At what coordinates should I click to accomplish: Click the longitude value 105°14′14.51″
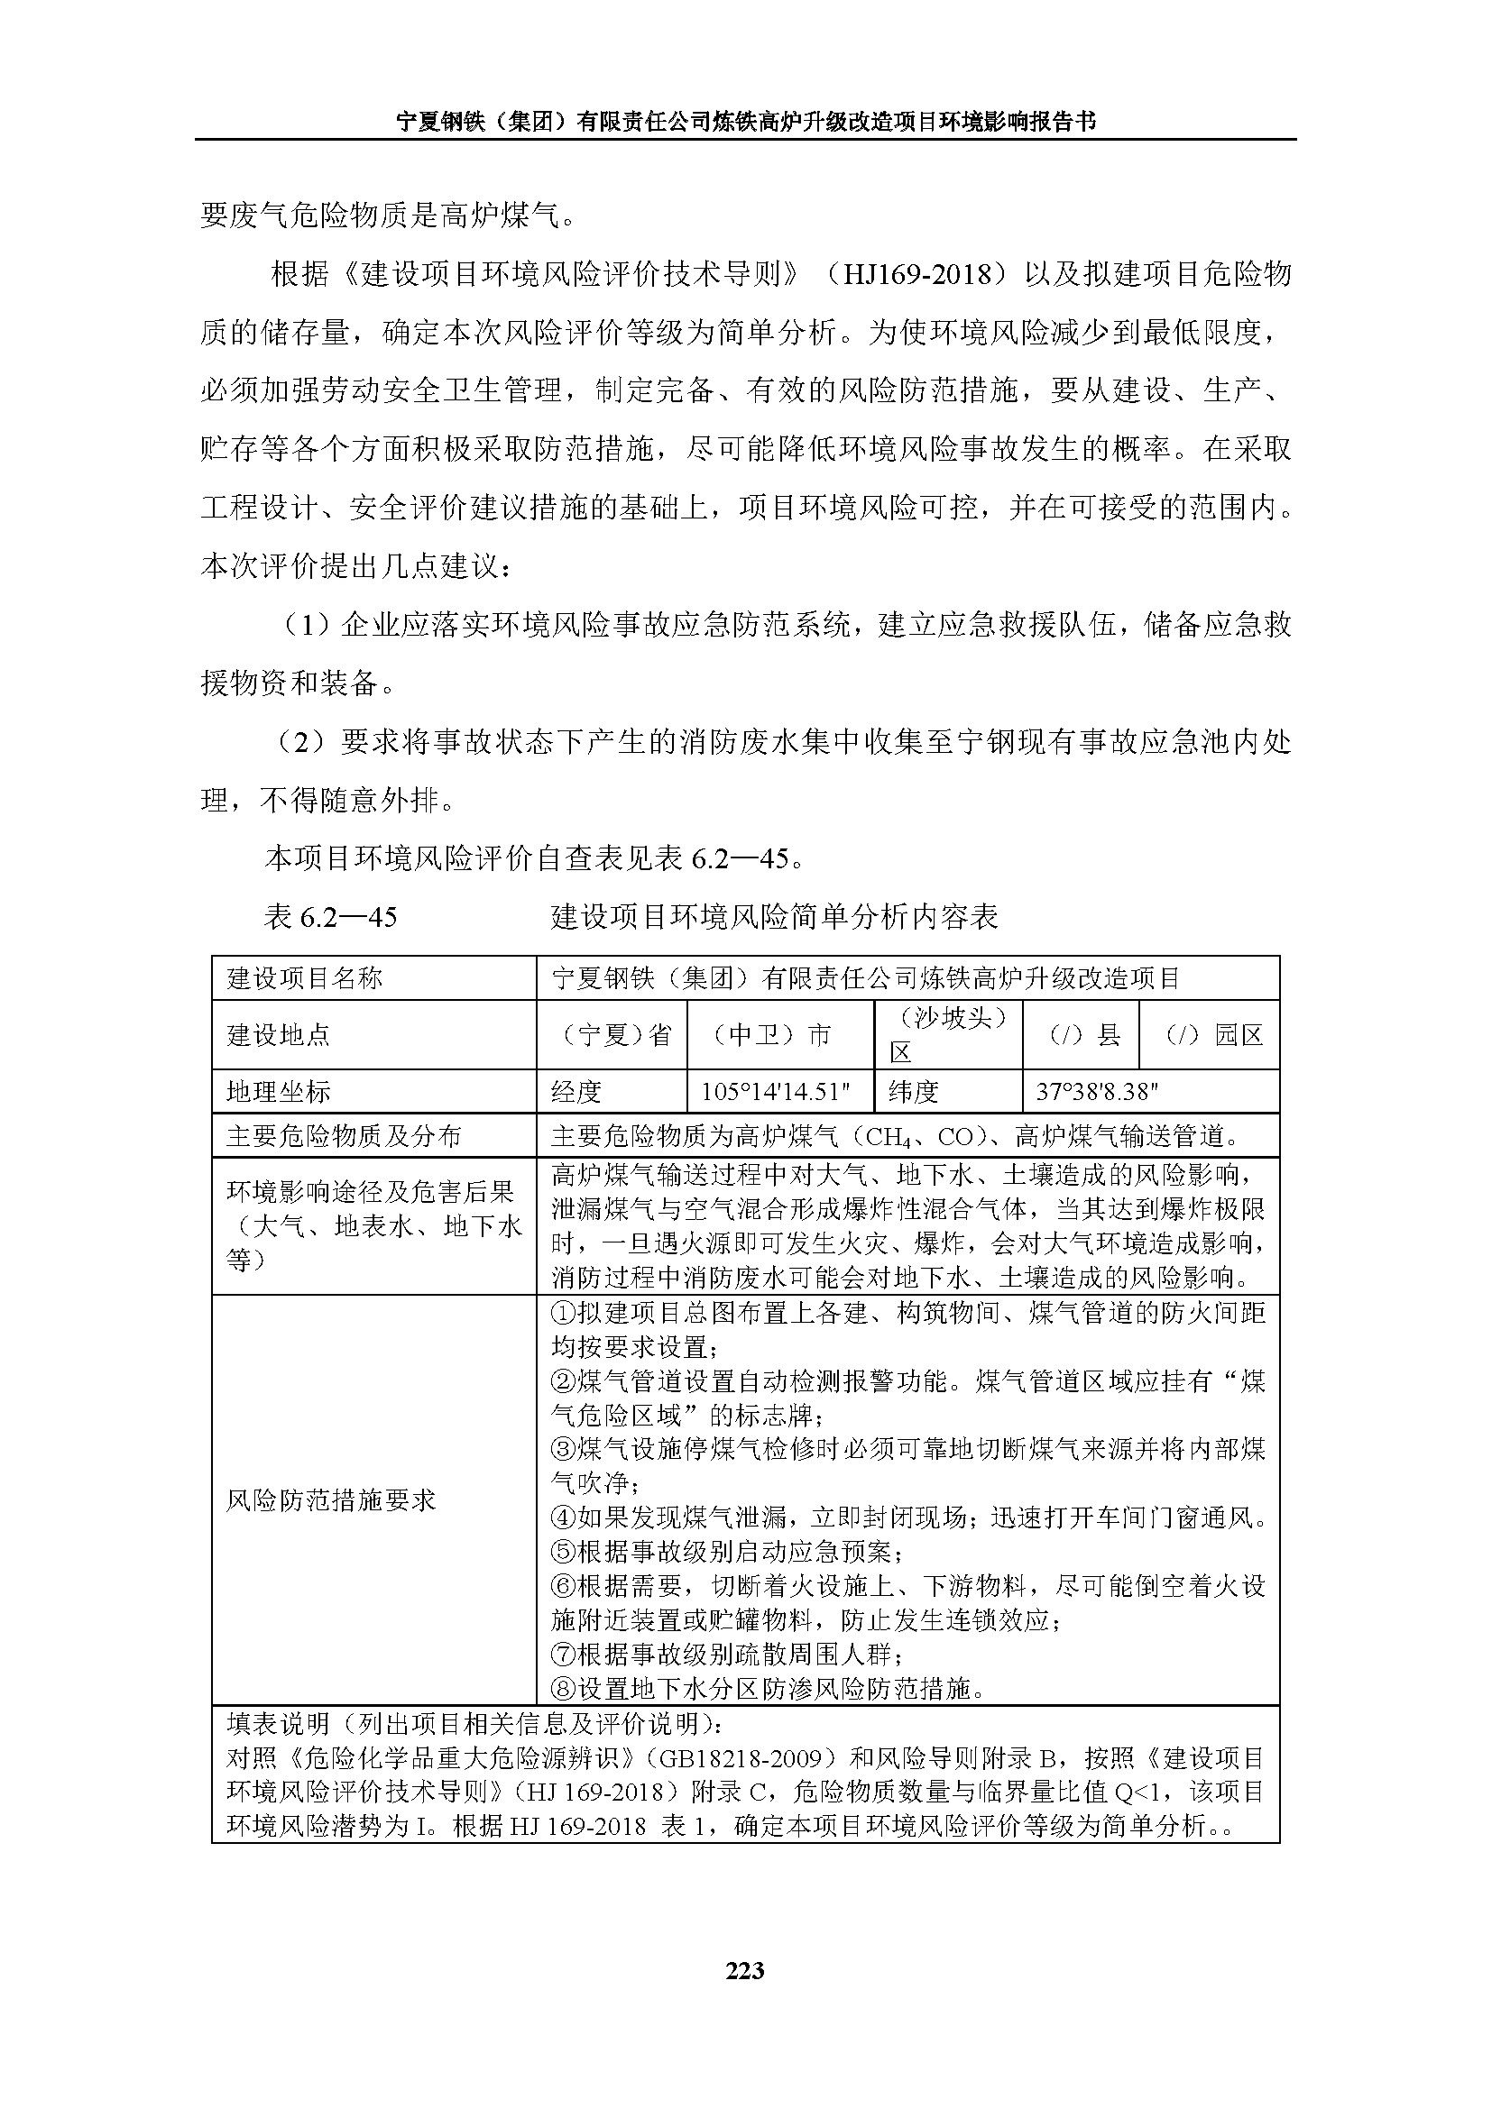[776, 1091]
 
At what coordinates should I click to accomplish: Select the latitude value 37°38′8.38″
[1097, 1091]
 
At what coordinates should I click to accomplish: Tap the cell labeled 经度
[576, 1091]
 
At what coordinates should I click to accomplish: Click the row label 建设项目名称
[305, 978]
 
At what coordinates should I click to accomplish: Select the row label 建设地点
[279, 1035]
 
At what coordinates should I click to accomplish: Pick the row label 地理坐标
[279, 1091]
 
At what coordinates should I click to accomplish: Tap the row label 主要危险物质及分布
[344, 1136]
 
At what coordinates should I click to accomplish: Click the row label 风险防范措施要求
[331, 1500]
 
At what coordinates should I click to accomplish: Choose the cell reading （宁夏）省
[612, 1035]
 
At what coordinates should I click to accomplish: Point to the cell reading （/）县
[1081, 1035]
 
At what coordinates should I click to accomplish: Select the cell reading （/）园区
[1209, 1035]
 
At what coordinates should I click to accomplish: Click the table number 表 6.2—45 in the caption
[330, 917]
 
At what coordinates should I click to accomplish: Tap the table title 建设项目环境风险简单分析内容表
[775, 917]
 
